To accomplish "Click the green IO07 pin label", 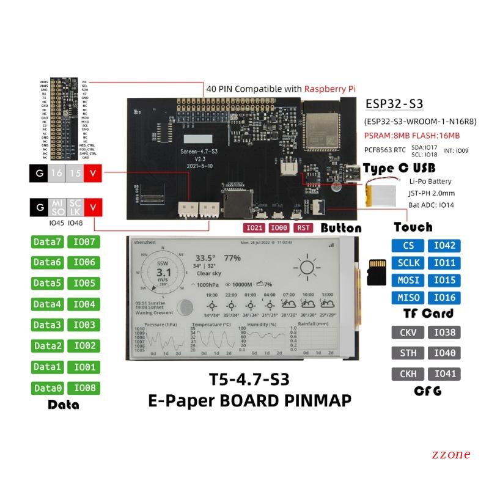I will (84, 242).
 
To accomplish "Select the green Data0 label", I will (48, 388).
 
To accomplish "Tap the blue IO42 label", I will (444, 246).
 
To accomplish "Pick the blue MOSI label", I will (408, 280).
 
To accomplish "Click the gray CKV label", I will (408, 333).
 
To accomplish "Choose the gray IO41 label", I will (444, 373).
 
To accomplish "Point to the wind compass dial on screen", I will (163, 271).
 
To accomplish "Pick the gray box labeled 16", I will (57, 173).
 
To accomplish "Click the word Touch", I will (413, 227).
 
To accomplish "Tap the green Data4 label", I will (48, 304).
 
